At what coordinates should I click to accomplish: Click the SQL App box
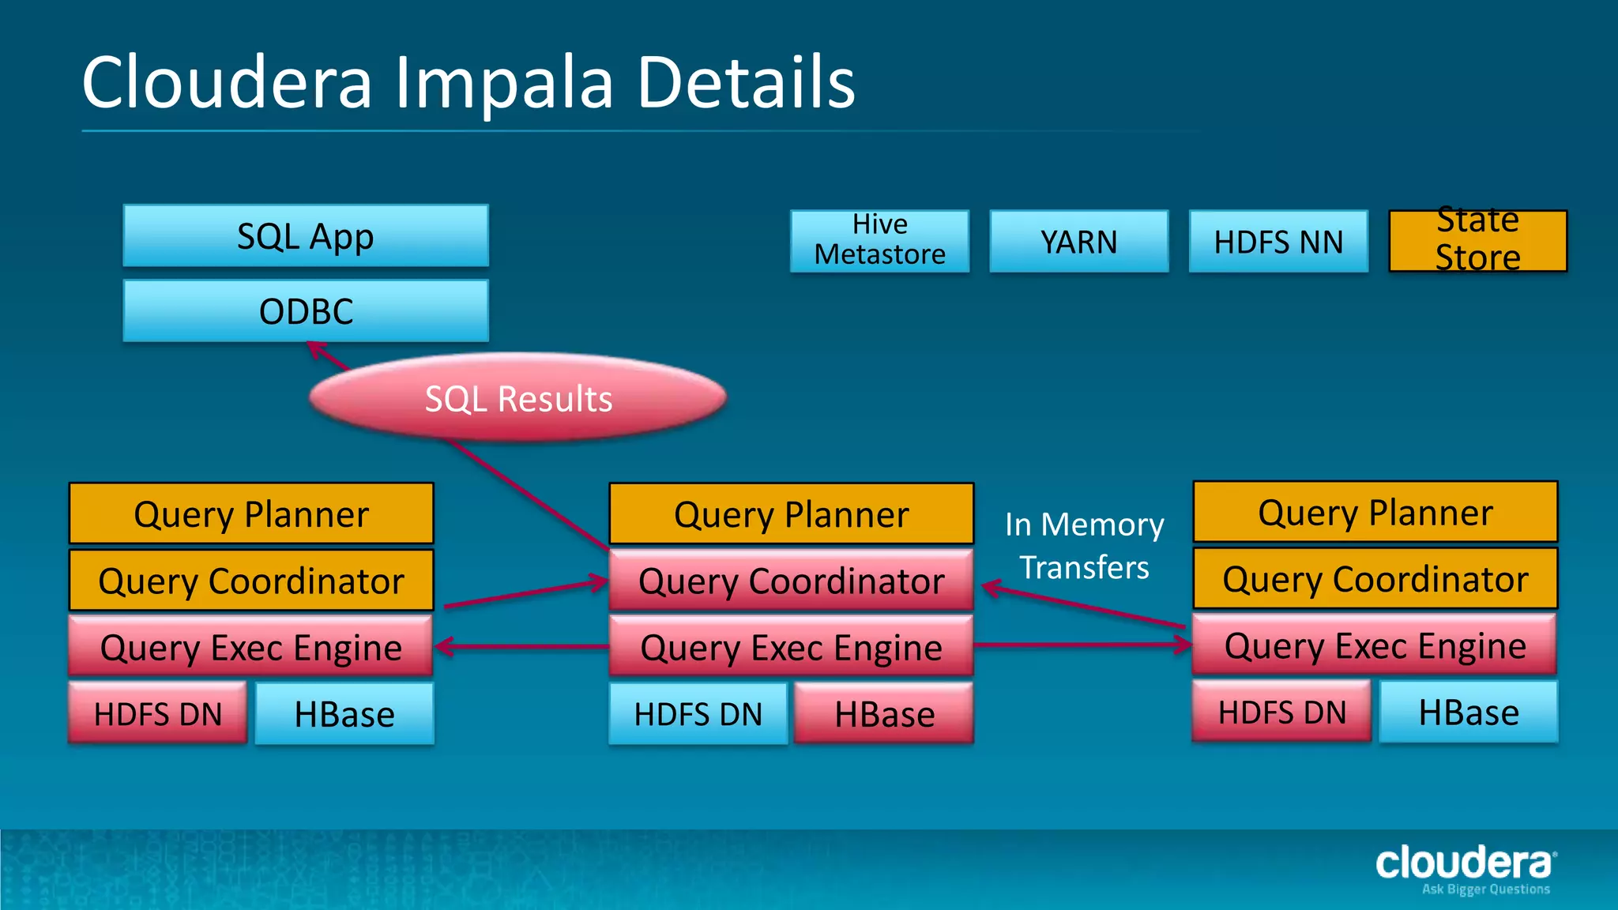[306, 236]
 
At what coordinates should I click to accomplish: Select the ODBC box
[306, 310]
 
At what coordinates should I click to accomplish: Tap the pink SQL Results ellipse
[517, 397]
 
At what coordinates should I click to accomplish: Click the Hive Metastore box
[879, 240]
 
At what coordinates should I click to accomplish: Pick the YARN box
[1078, 241]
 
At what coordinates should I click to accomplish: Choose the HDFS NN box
[1277, 241]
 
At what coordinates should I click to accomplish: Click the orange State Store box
[1477, 240]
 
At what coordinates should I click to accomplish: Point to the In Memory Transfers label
[1084, 546]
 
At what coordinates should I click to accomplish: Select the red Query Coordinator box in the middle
[791, 581]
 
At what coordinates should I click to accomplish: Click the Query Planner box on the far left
[251, 513]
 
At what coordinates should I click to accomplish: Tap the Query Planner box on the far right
[1375, 512]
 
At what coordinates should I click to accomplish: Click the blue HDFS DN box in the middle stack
[698, 714]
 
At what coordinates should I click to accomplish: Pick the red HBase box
[884, 714]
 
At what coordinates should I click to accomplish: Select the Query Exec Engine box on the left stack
[251, 648]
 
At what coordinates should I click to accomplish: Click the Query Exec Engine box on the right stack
[1375, 645]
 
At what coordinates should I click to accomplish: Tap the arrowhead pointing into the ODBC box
[316, 348]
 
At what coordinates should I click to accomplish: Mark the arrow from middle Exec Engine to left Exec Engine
[521, 647]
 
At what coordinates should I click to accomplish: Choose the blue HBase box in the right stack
[1468, 713]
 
